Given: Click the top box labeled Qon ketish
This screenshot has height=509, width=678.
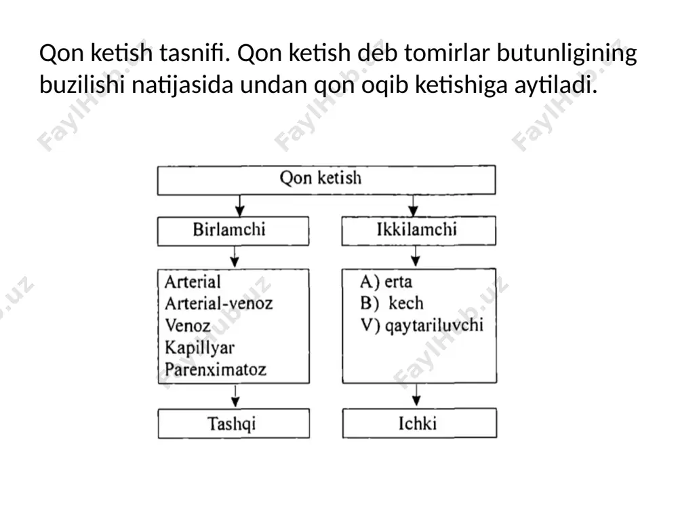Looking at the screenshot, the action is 327,180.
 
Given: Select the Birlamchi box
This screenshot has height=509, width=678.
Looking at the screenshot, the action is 233,231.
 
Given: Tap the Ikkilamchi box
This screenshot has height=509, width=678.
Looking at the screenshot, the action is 418,231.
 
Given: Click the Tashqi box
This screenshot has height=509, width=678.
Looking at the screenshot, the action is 233,423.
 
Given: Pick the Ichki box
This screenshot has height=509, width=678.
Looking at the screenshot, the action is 420,423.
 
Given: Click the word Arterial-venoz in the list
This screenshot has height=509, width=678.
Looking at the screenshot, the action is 219,303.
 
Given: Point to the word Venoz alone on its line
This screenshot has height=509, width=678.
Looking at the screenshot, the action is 188,326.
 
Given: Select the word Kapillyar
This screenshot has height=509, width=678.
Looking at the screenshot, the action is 199,347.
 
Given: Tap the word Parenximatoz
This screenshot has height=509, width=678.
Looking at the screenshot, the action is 216,370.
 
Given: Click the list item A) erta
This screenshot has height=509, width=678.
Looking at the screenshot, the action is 386,282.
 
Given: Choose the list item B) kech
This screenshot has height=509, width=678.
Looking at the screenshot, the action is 392,303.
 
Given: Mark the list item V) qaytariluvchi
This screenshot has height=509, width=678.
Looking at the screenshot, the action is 422,326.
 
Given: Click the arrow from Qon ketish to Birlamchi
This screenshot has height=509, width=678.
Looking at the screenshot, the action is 240,206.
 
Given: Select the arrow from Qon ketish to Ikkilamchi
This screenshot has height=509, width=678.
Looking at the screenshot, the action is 414,206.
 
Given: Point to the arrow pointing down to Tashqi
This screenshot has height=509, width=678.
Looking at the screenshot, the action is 235,396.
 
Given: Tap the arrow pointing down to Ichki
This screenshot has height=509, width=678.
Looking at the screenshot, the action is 416,395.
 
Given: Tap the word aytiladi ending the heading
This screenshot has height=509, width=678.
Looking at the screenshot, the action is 556,86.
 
